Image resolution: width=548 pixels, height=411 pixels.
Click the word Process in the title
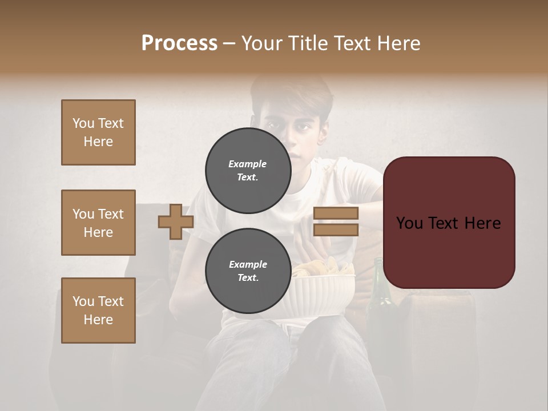pyautogui.click(x=179, y=43)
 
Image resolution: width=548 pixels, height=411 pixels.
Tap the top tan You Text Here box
pyautogui.click(x=98, y=132)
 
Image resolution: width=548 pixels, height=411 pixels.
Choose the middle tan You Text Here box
pyautogui.click(x=98, y=223)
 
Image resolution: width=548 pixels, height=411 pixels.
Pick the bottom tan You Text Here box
pyautogui.click(x=98, y=311)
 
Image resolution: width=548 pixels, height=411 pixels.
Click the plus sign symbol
pyautogui.click(x=176, y=222)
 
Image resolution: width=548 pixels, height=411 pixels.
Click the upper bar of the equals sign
pyautogui.click(x=336, y=213)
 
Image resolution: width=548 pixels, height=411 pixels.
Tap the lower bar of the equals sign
pyautogui.click(x=336, y=230)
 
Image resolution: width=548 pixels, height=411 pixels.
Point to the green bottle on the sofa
pyautogui.click(x=380, y=303)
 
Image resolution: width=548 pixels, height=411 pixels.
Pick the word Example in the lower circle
pyautogui.click(x=248, y=264)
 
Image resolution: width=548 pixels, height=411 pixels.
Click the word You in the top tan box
pyautogui.click(x=83, y=123)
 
